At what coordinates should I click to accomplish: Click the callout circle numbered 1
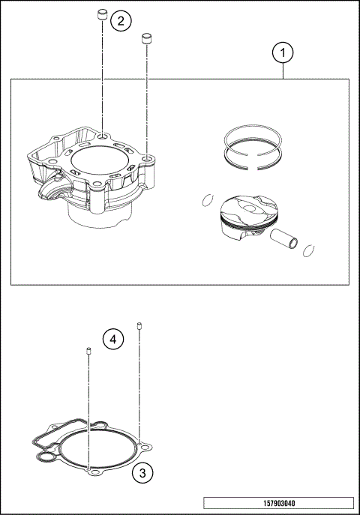click(283, 54)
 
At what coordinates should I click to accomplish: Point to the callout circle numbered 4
click(112, 340)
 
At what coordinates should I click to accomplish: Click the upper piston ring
click(254, 135)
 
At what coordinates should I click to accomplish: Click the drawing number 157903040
click(277, 503)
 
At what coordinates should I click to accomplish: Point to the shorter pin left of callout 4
click(88, 352)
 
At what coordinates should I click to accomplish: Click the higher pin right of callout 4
click(139, 325)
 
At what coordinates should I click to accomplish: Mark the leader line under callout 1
click(283, 71)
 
